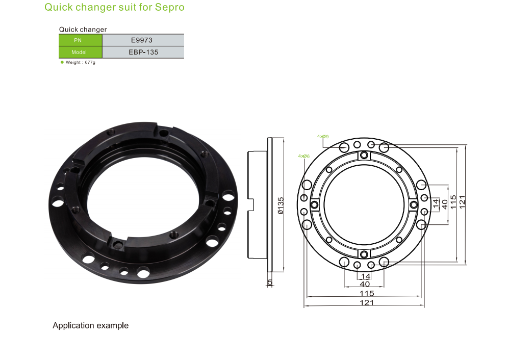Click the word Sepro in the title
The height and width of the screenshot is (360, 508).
(x=169, y=8)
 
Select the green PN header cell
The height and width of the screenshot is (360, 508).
(x=81, y=40)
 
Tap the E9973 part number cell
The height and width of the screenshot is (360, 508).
(x=143, y=40)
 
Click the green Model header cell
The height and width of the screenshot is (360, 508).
(x=81, y=52)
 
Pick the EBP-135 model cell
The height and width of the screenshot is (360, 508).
(x=143, y=52)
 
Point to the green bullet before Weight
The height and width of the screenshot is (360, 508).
(x=62, y=62)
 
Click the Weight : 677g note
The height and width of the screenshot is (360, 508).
(x=81, y=62)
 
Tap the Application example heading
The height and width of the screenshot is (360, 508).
(x=91, y=325)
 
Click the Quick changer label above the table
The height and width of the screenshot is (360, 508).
(x=83, y=30)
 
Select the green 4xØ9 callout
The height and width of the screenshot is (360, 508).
(x=323, y=137)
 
